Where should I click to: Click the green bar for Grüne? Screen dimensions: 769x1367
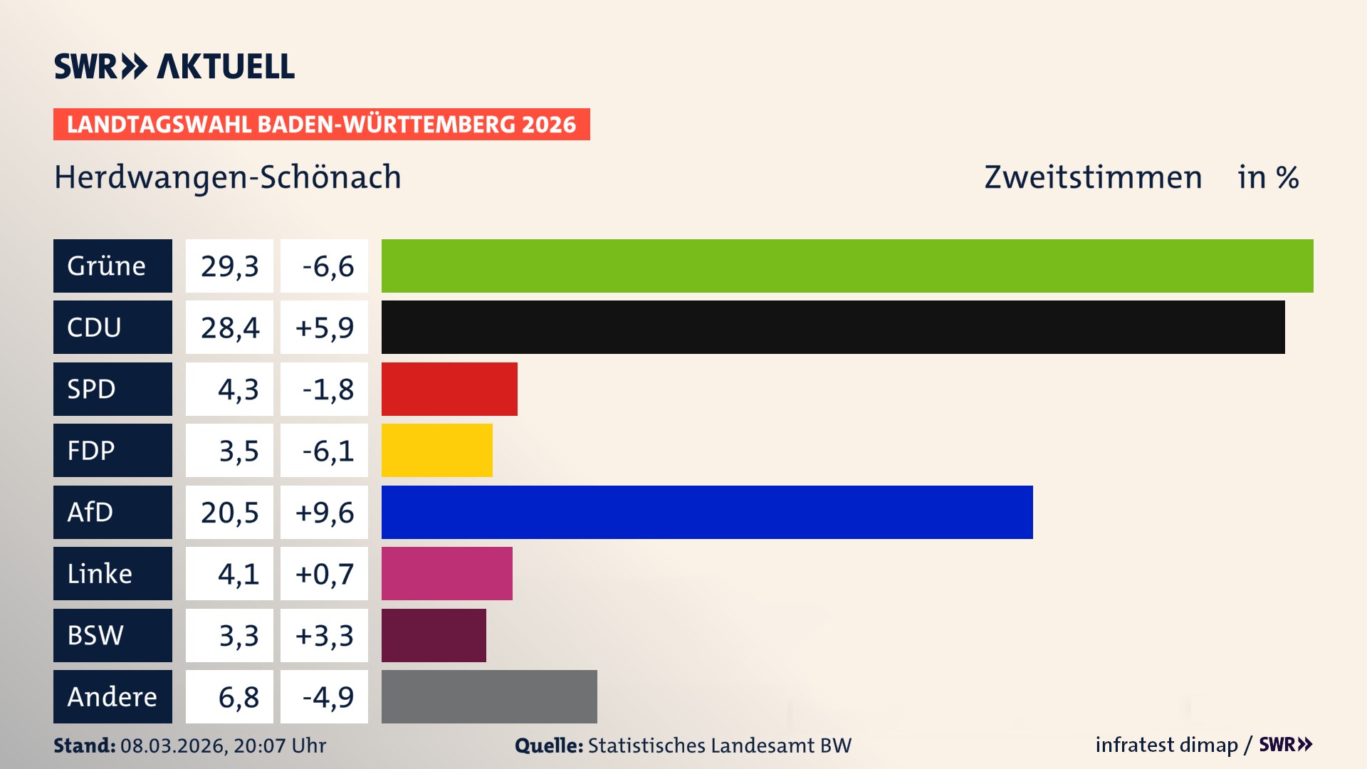(x=847, y=266)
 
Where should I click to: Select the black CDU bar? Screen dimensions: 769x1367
(x=833, y=327)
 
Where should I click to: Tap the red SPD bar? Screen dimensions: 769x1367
(x=449, y=389)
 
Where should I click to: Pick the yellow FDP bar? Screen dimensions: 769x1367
(x=436, y=450)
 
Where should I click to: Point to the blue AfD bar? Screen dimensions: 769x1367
(x=707, y=512)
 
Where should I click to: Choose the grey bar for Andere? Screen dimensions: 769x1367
(x=489, y=696)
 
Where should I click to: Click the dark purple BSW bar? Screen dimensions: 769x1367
(x=434, y=635)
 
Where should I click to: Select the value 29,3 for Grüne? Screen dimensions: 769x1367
(x=229, y=266)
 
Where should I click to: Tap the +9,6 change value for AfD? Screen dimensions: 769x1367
(x=324, y=512)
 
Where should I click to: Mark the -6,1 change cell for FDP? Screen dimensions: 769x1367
(x=324, y=450)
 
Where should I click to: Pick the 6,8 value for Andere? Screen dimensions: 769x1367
(x=238, y=696)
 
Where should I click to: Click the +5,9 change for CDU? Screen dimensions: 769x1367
(x=324, y=327)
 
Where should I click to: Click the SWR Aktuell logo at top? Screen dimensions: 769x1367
(x=174, y=66)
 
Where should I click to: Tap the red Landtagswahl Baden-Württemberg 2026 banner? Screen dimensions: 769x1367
(x=321, y=124)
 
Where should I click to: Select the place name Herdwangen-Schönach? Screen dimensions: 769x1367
(x=228, y=177)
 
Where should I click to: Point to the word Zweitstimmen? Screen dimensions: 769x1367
(x=1093, y=177)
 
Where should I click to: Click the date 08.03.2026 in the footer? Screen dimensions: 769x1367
(x=173, y=746)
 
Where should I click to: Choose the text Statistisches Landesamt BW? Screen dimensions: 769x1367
(x=719, y=746)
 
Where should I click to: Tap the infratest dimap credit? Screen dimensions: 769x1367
(x=1166, y=745)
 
